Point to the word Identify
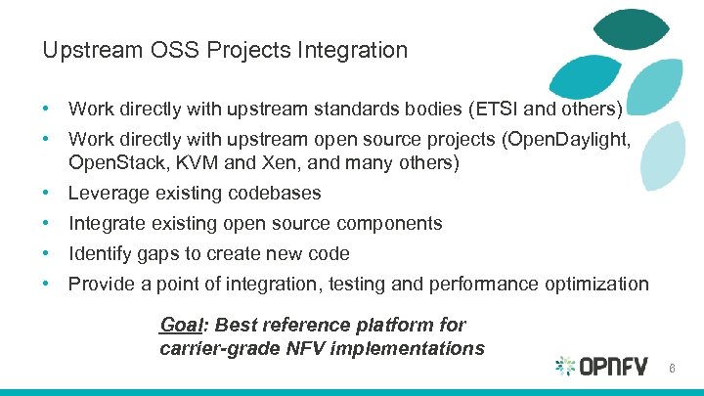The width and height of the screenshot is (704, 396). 101,254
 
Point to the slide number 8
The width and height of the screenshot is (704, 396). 673,367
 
